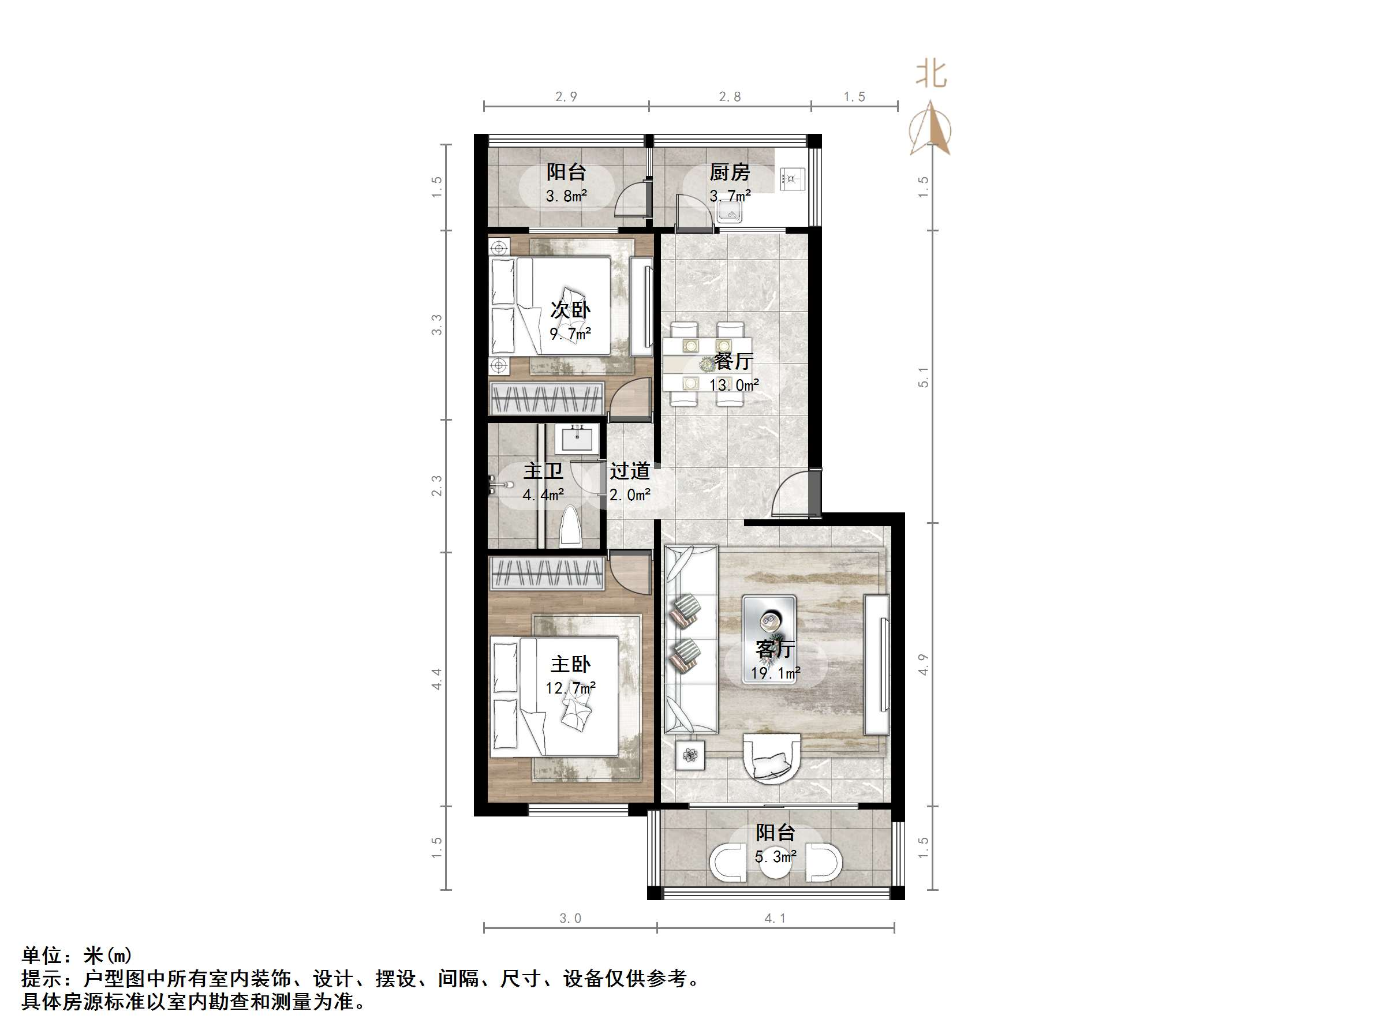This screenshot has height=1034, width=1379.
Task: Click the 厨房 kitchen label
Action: [x=730, y=172]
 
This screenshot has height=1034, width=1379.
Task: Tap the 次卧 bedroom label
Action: [x=570, y=310]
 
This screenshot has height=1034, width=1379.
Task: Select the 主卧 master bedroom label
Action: [x=570, y=664]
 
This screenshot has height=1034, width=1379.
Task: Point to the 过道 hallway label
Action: [x=630, y=471]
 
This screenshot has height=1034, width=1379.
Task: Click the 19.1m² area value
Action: [x=775, y=673]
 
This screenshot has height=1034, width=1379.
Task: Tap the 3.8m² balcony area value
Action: [x=566, y=196]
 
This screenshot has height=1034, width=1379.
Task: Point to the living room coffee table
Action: [x=769, y=639]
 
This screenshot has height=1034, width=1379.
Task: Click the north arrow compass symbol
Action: [x=930, y=130]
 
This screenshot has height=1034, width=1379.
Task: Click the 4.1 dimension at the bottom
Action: [x=775, y=918]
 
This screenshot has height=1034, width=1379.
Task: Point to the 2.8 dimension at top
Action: [x=730, y=96]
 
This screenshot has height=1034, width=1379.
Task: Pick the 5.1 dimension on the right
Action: [x=924, y=377]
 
